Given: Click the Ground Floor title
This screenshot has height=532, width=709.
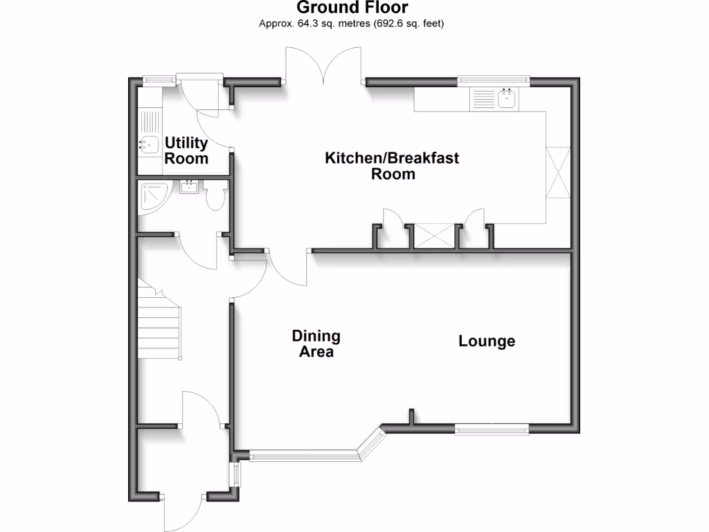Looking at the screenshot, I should pos(352,8).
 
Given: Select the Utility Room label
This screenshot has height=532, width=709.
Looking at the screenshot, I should pos(186,150).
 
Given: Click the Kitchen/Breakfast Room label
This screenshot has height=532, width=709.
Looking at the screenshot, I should pos(392,166).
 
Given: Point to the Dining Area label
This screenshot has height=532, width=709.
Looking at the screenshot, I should pos(316,344).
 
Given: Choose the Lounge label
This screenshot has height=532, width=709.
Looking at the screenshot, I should pos(487,341).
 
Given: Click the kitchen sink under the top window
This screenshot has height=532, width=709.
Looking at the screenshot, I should pos(507,100).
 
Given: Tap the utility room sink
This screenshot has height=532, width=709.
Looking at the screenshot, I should pos(147,145).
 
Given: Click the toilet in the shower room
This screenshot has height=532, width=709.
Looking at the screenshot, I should pos(215,196).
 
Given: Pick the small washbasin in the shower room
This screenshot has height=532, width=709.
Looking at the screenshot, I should pos(188,186).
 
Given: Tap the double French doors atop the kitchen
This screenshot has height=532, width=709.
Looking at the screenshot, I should pos(323,66).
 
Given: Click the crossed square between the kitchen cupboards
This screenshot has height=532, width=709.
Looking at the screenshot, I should pos(430,236).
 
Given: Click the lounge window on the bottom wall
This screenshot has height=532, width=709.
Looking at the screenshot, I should pos(492,429).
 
